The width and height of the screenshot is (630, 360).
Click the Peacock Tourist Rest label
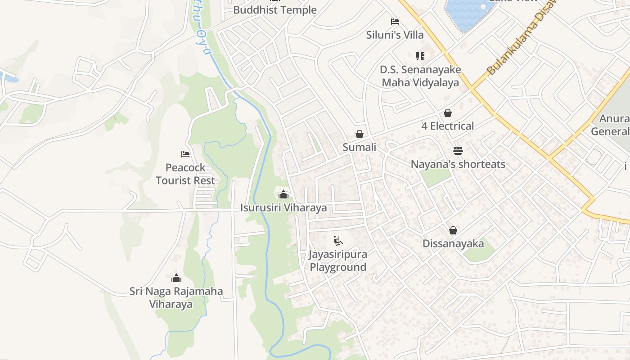click(x=185, y=174)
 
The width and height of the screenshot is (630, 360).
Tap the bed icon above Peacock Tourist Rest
click(x=185, y=154)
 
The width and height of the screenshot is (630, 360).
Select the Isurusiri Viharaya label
click(x=283, y=208)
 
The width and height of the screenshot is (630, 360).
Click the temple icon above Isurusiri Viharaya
click(x=283, y=194)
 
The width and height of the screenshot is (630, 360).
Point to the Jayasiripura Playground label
click(x=338, y=261)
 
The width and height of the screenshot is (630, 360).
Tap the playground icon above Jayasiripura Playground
click(x=338, y=241)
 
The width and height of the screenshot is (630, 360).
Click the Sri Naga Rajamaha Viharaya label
click(x=176, y=297)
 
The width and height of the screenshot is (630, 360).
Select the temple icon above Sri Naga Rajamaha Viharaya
click(x=176, y=278)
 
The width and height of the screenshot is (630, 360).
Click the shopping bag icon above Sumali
click(x=360, y=134)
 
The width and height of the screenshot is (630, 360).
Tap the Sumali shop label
click(x=359, y=147)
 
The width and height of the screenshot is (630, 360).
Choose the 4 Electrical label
click(x=447, y=126)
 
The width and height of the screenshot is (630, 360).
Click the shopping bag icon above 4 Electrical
click(x=448, y=112)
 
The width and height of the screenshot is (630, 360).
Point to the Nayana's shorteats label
click(x=458, y=164)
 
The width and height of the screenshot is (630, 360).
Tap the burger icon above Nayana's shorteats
click(x=458, y=150)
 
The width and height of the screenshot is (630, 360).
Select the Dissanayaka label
click(x=453, y=244)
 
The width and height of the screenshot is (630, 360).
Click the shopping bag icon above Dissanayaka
click(x=453, y=230)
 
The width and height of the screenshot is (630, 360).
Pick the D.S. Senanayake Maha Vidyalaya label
click(x=420, y=76)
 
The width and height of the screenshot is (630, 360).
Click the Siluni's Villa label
click(x=395, y=35)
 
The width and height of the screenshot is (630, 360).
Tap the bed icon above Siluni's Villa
click(x=395, y=21)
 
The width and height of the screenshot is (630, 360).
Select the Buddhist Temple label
click(x=275, y=10)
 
